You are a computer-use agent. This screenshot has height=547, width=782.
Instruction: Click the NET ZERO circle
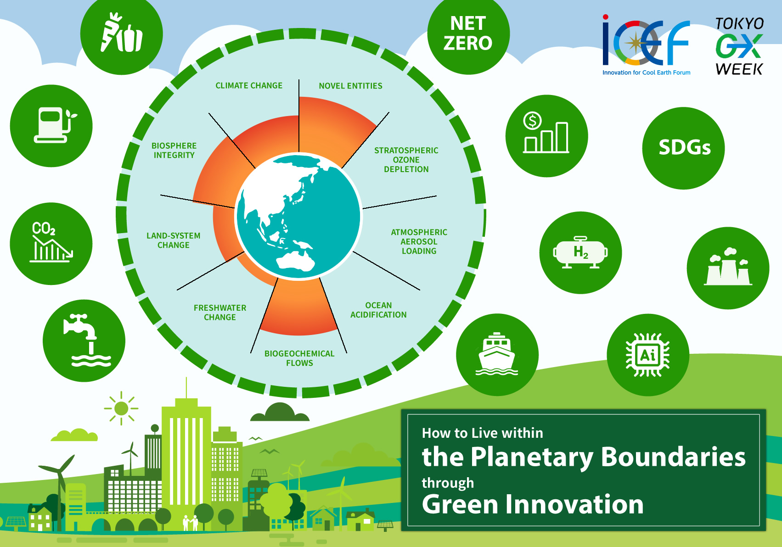(468, 33)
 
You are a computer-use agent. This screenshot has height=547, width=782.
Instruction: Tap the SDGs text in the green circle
(685, 147)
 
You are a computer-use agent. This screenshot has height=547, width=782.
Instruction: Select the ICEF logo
(646, 45)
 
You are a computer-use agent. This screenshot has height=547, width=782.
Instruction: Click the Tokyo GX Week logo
(739, 46)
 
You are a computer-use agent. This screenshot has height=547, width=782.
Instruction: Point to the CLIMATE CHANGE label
(249, 85)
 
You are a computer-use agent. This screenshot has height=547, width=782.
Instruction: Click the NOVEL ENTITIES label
(350, 86)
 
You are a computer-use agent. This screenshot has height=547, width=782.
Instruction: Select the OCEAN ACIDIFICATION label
(378, 310)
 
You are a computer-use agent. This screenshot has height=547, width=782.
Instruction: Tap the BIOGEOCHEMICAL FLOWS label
(299, 358)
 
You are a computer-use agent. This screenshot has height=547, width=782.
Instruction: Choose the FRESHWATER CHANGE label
(220, 312)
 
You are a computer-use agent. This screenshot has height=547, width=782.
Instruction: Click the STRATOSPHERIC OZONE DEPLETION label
(406, 160)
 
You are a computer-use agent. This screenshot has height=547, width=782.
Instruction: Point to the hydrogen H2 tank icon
(580, 252)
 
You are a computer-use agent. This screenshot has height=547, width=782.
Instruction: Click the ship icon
(497, 354)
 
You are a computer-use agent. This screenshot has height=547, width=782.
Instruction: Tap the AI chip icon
(647, 355)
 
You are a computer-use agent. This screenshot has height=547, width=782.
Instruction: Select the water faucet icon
(87, 340)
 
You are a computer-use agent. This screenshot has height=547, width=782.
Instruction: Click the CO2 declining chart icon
(51, 241)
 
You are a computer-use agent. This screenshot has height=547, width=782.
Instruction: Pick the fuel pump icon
(55, 125)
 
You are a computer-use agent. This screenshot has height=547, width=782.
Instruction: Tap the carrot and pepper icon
(122, 33)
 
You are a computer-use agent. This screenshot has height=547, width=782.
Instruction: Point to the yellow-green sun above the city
(121, 408)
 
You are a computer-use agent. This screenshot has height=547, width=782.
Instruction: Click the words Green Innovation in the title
(533, 504)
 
